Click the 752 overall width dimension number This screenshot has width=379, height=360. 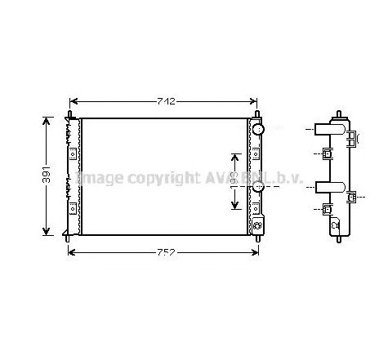click(x=165, y=251)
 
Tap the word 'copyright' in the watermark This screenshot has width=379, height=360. click(x=156, y=177)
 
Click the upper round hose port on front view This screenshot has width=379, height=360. click(x=258, y=130)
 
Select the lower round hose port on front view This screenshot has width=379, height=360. click(x=258, y=187)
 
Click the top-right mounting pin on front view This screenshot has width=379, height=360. click(x=257, y=115)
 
